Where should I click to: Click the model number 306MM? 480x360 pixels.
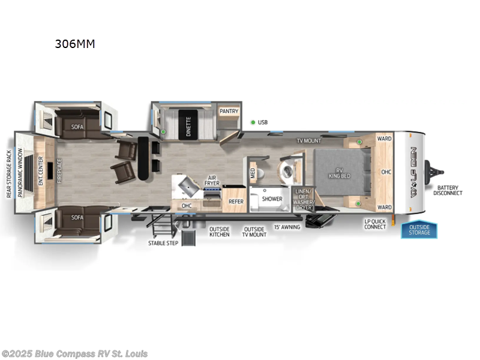(74, 44)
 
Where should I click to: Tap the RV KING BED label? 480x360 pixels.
(339, 173)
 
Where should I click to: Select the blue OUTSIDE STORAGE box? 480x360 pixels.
(419, 230)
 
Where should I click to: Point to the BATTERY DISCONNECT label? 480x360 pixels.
(449, 190)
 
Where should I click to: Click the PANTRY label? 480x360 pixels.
(229, 111)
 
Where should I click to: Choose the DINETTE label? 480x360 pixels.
(188, 126)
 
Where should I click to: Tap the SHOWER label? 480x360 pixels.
(272, 199)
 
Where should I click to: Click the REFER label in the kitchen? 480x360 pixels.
(236, 202)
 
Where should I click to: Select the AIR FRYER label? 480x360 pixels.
(212, 181)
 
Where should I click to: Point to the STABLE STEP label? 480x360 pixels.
(163, 243)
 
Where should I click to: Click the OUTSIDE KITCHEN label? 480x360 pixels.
(219, 232)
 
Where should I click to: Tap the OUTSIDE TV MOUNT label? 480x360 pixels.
(254, 232)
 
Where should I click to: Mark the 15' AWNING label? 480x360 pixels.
(286, 228)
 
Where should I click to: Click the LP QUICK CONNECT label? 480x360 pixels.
(375, 225)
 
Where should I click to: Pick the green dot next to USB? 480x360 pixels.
(253, 122)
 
